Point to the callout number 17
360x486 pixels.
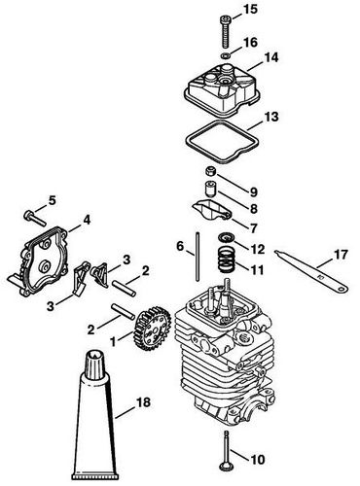(339, 257)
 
